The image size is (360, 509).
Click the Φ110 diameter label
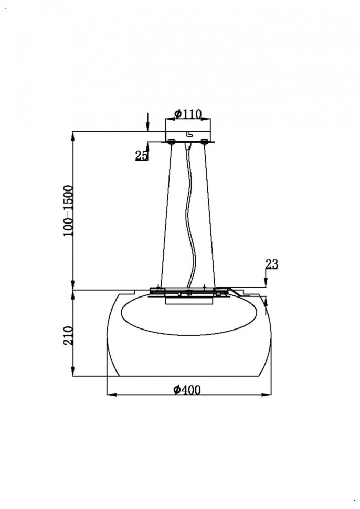click(188, 114)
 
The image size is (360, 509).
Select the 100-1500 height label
click(69, 210)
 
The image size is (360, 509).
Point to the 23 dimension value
click(272, 264)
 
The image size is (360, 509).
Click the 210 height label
click(69, 336)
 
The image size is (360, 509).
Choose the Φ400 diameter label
click(187, 389)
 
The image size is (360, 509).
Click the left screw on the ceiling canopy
click(171, 141)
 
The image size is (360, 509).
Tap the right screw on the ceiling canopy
click(204, 141)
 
